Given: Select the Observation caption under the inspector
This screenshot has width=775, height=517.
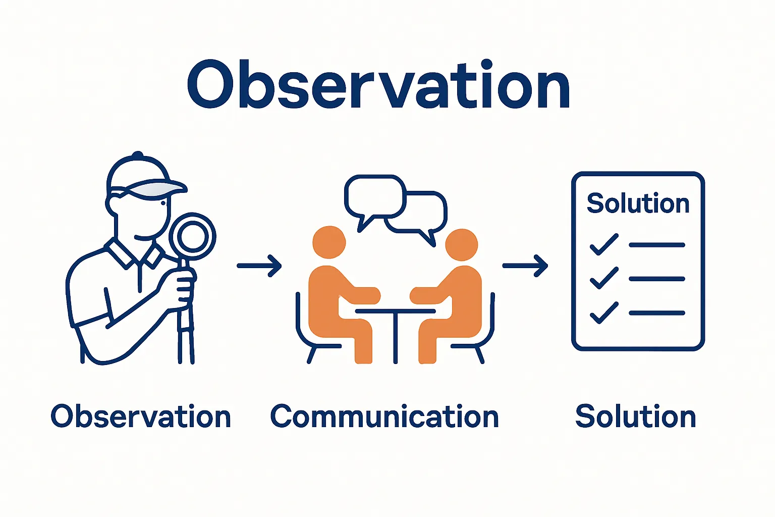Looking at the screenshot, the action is pos(141,416).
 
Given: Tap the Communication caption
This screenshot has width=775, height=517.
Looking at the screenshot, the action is pos(384,416).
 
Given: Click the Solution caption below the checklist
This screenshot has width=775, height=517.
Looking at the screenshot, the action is pos(635,416).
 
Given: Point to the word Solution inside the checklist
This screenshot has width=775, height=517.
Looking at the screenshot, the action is pos(638,203).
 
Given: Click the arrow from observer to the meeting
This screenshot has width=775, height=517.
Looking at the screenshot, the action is pos(259,266).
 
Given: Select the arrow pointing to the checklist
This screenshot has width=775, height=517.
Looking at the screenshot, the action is pos(525,266).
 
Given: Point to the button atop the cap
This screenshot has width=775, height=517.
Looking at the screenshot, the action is pos(138,154).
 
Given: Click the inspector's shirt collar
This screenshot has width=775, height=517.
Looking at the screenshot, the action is pos(134,253).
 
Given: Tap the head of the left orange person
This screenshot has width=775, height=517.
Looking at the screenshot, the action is pos(329,242).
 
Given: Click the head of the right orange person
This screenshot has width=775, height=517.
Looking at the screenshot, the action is pos(462,244).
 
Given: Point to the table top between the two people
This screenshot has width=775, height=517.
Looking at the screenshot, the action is pos(396,312).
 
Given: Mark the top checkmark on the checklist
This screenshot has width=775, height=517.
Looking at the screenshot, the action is pos(604,244).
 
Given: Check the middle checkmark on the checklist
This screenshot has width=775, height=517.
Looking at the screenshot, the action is pos(604,278).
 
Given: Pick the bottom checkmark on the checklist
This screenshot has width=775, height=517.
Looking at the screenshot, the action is pos(604,313).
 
